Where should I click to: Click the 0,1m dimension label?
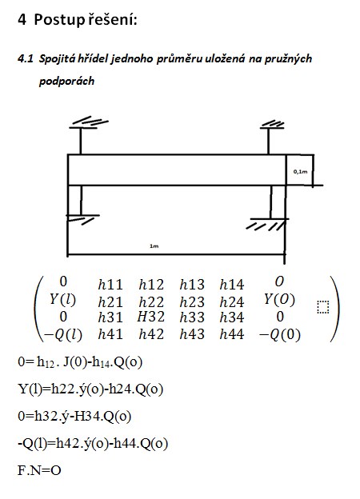click(x=300, y=172)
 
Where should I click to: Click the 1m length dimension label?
click(x=154, y=246)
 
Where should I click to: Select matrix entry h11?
click(x=110, y=284)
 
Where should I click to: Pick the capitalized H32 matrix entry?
click(x=151, y=317)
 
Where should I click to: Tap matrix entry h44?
click(x=232, y=334)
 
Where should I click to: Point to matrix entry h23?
click(x=192, y=301)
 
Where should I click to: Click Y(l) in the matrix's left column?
click(x=62, y=299)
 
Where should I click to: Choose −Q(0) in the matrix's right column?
click(x=280, y=334)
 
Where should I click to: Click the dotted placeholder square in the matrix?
click(x=323, y=307)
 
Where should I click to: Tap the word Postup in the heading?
click(x=59, y=20)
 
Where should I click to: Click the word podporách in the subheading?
click(x=67, y=81)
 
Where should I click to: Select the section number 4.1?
click(x=26, y=59)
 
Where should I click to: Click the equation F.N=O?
click(x=39, y=470)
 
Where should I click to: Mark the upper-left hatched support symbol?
click(x=89, y=124)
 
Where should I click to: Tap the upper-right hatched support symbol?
click(x=272, y=125)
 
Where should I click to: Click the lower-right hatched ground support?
click(x=268, y=224)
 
